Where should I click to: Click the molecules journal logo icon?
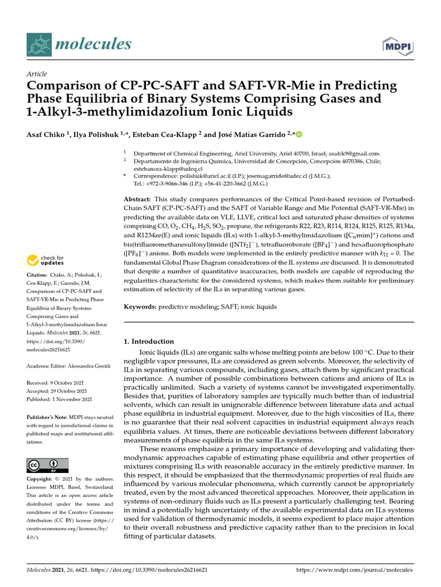[40, 44]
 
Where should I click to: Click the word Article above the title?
[36, 74]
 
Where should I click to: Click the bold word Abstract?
[140, 198]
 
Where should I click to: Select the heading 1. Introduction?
[149, 341]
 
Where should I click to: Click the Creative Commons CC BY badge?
[47, 465]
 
